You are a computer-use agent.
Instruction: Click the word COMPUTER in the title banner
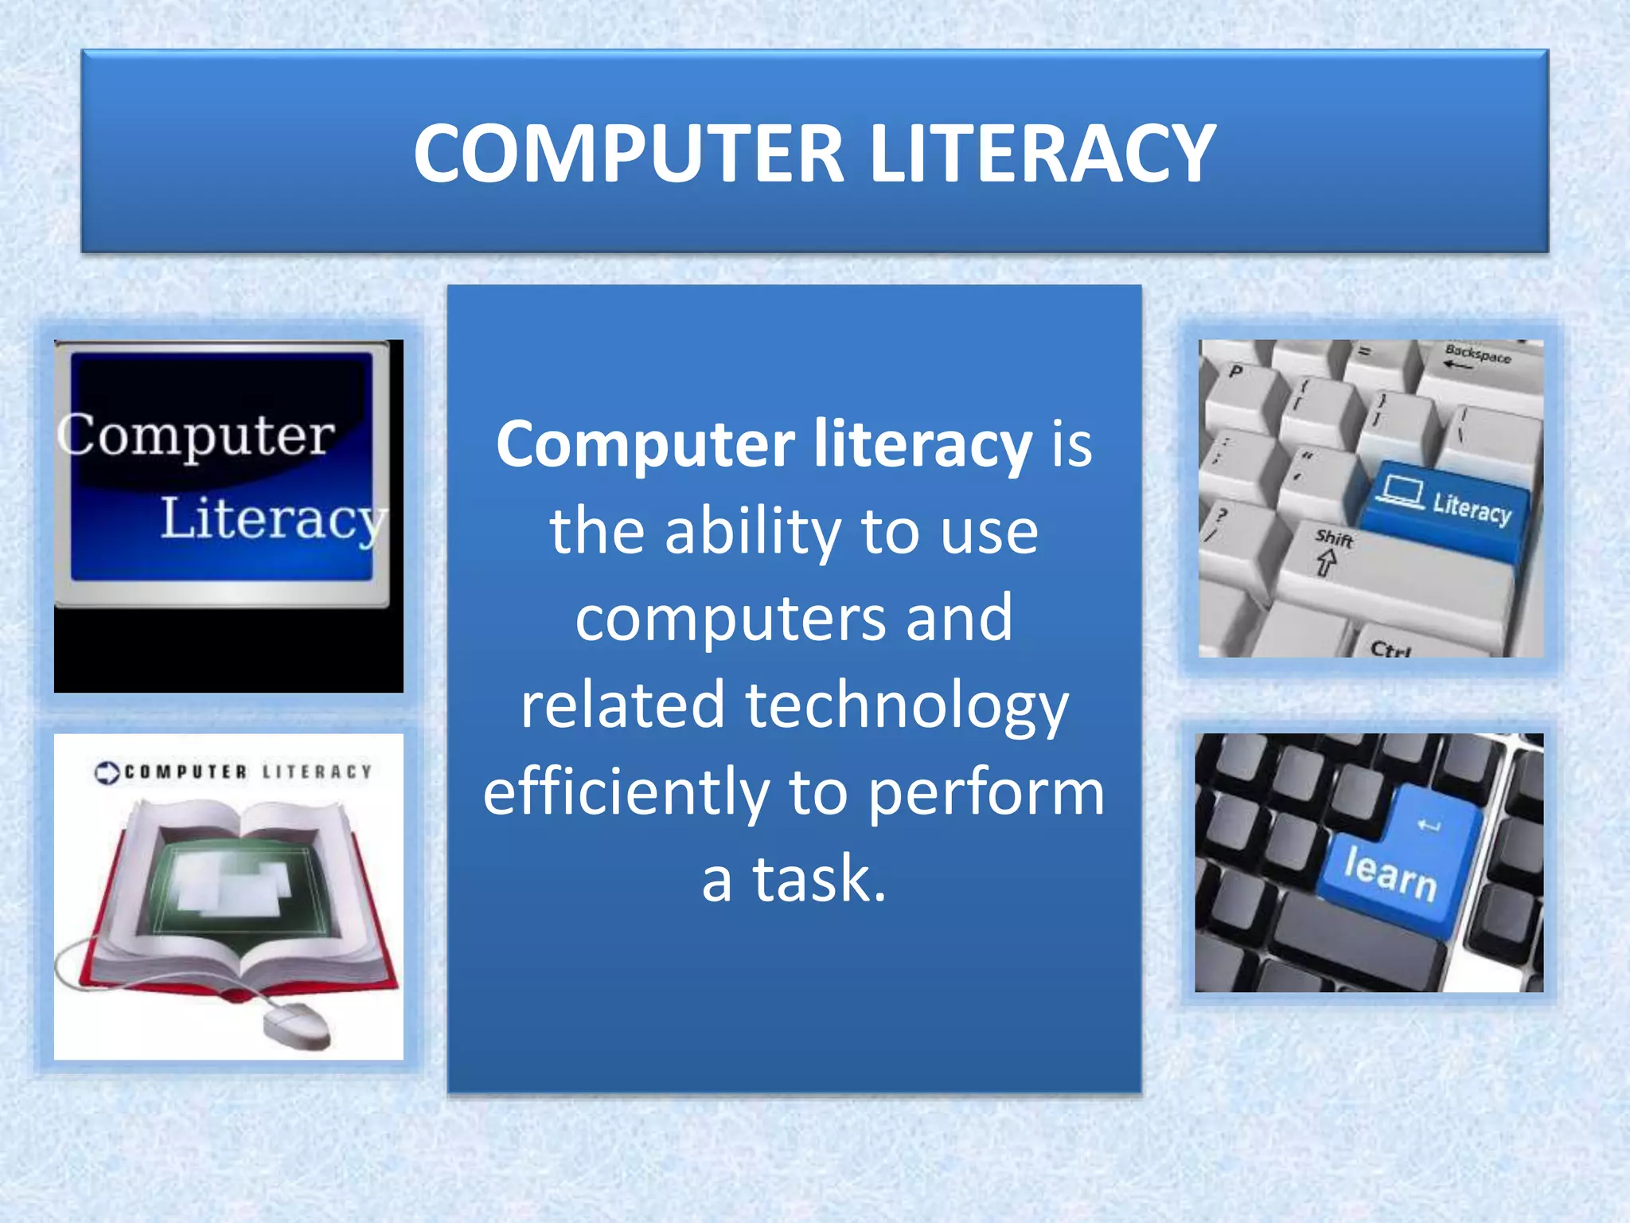point(628,154)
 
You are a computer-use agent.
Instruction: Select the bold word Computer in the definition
point(645,444)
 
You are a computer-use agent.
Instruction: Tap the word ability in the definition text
point(753,531)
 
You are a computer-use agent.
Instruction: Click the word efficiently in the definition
point(626,792)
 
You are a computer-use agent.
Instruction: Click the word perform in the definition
point(986,792)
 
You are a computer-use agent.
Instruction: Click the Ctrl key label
point(1390,649)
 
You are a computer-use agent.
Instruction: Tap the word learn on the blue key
point(1390,873)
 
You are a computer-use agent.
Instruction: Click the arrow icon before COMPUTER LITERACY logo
point(107,772)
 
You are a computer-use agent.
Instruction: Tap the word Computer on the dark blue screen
point(197,436)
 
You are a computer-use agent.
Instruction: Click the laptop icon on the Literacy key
point(1400,489)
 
